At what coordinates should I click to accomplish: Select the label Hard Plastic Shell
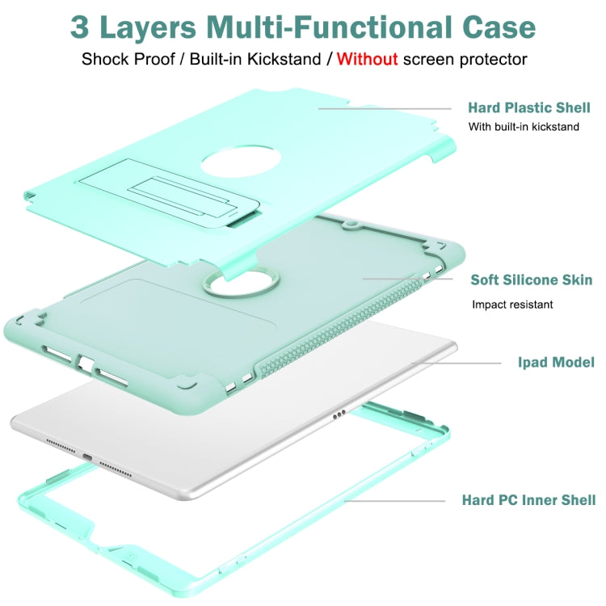pyautogui.click(x=528, y=107)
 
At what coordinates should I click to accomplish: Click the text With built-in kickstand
pyautogui.click(x=524, y=127)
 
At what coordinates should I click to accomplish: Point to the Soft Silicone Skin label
pyautogui.click(x=532, y=280)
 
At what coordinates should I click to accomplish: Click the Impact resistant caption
pyautogui.click(x=513, y=305)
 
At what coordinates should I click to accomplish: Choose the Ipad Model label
pyautogui.click(x=556, y=362)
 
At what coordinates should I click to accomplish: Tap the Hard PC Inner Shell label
pyautogui.click(x=528, y=500)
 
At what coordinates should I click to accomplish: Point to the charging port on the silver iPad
pyautogui.click(x=86, y=457)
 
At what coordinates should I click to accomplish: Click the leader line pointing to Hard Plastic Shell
pyautogui.click(x=384, y=108)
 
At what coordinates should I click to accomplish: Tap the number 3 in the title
pyautogui.click(x=82, y=26)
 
